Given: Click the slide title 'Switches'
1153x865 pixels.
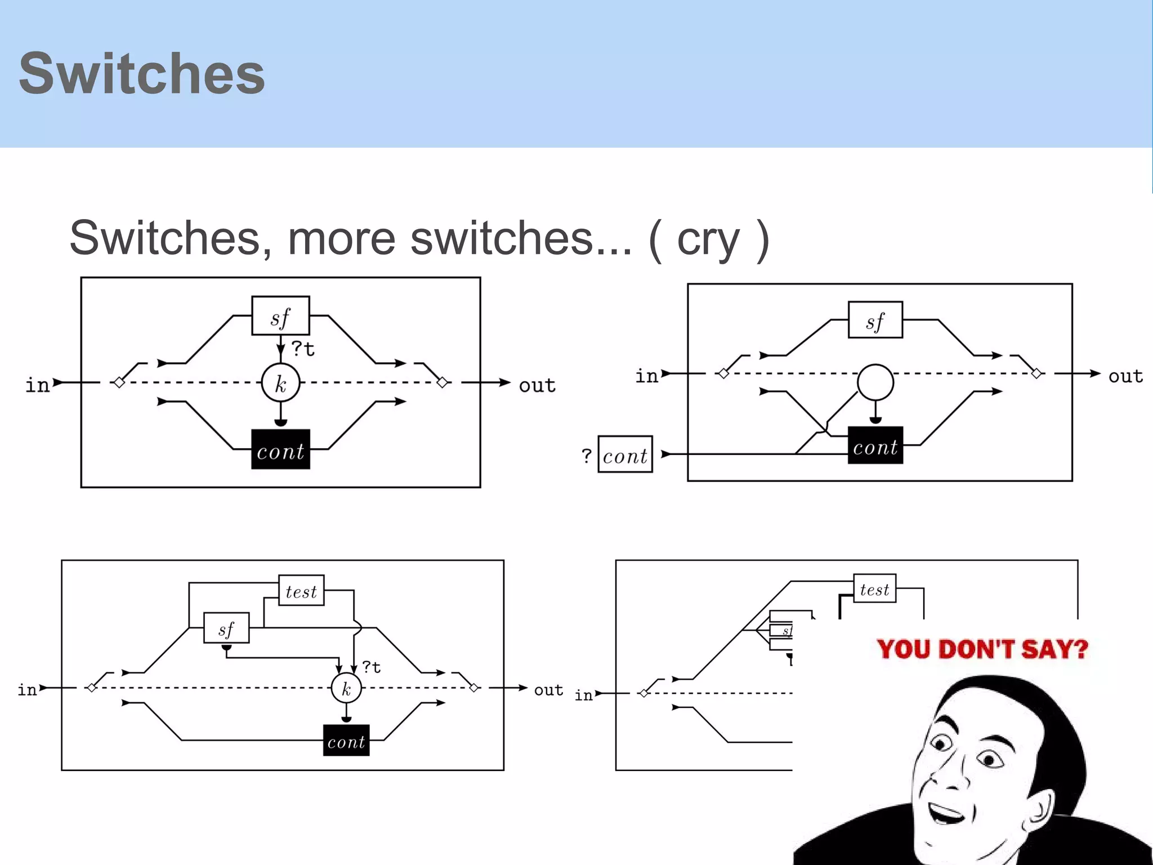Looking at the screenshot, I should click(x=142, y=73).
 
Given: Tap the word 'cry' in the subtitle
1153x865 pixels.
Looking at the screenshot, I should click(x=708, y=239).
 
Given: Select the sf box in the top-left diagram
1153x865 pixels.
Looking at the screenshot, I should click(x=280, y=316).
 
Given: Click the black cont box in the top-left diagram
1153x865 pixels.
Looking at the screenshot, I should click(x=280, y=449).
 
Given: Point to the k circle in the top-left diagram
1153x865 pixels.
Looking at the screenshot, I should click(x=280, y=383).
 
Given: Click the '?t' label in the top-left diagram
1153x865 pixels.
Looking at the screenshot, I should click(x=303, y=349).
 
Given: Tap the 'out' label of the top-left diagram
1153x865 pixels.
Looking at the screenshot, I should click(x=537, y=385).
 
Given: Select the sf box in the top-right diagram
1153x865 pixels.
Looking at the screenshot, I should click(x=875, y=320).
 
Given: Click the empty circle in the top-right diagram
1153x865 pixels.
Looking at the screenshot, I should click(x=875, y=382).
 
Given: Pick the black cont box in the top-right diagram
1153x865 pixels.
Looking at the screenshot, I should click(x=875, y=445).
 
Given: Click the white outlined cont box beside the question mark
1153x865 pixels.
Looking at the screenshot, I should click(x=625, y=454).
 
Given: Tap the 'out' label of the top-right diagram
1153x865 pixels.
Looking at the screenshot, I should click(x=1125, y=376).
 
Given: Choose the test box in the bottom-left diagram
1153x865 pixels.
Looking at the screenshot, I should click(x=301, y=590).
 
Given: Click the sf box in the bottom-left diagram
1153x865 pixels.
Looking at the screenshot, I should click(x=226, y=628).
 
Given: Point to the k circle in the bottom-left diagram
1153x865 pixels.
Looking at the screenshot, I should click(x=346, y=688).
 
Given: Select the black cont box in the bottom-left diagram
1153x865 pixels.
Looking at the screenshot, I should click(x=346, y=741).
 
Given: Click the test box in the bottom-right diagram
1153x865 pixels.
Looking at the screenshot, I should click(x=874, y=588).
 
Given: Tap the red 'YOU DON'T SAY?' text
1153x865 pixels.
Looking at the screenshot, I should click(x=982, y=649).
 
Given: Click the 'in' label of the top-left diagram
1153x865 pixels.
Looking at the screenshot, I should click(x=38, y=385).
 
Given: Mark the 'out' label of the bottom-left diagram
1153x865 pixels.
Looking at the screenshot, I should click(x=548, y=690).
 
